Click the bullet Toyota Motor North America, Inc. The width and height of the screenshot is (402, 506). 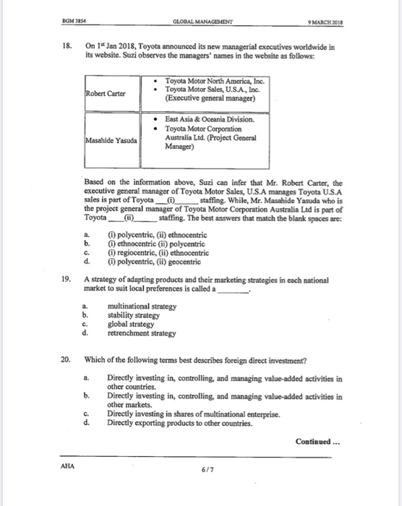(x=215, y=81)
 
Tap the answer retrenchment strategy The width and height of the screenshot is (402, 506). (x=142, y=334)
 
